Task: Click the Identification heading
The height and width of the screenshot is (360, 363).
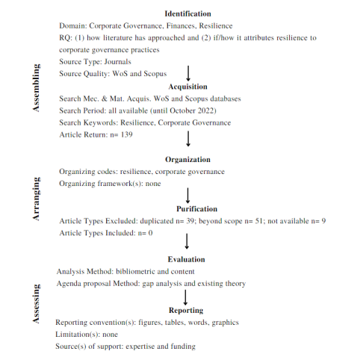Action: coord(187,13)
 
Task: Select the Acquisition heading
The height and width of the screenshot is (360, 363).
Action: coord(187,87)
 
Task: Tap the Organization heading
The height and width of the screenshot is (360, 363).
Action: coord(187,160)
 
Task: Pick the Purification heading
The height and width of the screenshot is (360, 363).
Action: coord(187,209)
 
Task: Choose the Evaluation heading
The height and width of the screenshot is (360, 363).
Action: coord(187,259)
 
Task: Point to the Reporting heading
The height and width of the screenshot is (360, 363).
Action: coord(187,310)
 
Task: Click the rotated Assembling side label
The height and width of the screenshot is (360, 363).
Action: coord(35,88)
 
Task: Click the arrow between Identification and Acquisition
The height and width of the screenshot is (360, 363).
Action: coord(187,73)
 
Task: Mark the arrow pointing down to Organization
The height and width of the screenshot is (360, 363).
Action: coord(187,138)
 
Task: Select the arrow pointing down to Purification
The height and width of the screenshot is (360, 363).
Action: coord(187,194)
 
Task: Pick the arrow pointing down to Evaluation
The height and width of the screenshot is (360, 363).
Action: coord(187,241)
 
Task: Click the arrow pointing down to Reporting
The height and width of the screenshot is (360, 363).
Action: coord(187,297)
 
